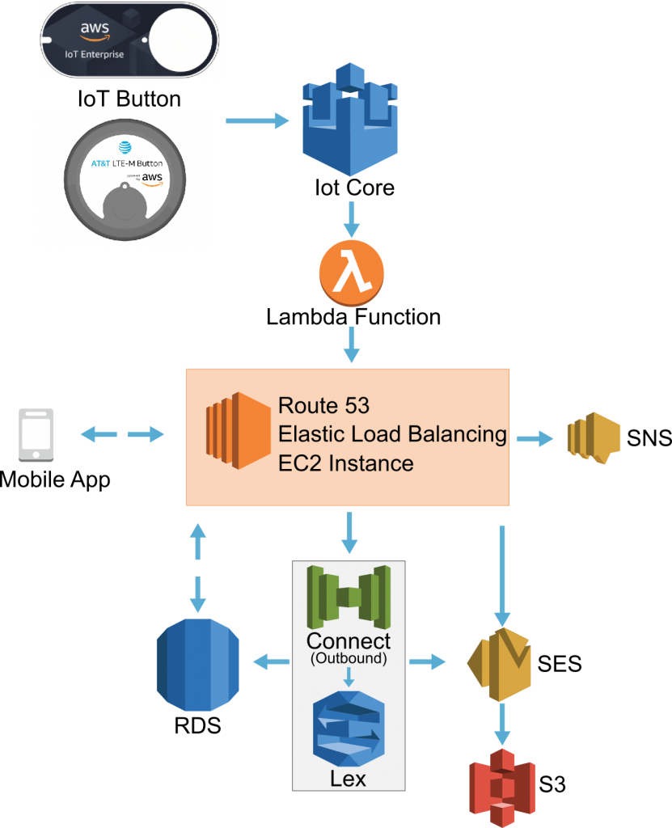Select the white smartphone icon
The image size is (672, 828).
point(36,435)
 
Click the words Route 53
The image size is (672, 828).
point(323,405)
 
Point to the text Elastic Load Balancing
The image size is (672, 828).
point(392,434)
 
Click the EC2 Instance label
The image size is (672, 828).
point(345,463)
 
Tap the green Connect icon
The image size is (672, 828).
point(348,597)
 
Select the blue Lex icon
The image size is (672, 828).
point(349,729)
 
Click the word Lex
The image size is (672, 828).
point(348,779)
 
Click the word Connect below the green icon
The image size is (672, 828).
point(348,641)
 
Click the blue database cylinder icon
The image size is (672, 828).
point(198,665)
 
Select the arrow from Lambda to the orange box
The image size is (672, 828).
point(351,344)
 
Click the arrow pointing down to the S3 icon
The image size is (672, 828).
point(502,724)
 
